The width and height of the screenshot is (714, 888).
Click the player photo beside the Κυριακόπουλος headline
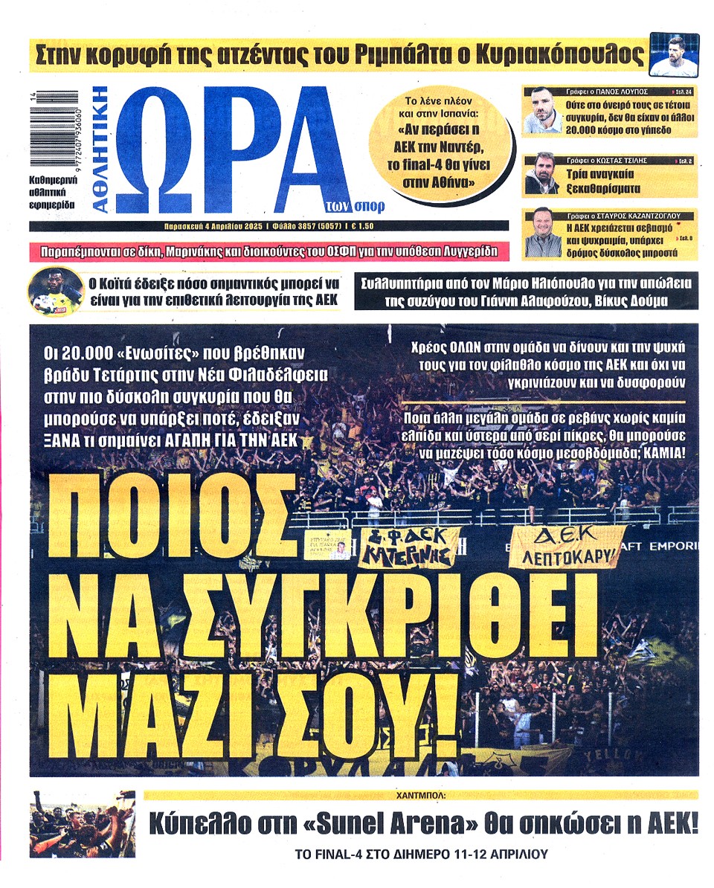674,55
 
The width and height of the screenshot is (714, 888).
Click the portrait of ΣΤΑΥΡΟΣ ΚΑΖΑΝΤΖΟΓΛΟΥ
542,234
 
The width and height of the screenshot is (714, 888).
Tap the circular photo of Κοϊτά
55,292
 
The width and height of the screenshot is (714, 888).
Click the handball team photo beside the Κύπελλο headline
83,824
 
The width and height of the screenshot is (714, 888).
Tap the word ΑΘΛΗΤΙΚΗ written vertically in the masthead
101,149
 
